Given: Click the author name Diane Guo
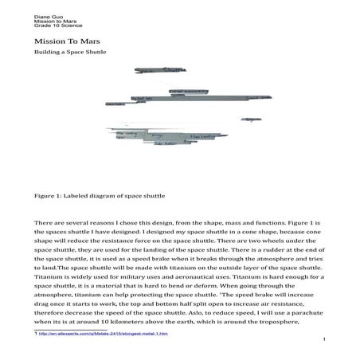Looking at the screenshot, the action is tap(46, 14).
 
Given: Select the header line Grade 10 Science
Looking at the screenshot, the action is tap(53, 25).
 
